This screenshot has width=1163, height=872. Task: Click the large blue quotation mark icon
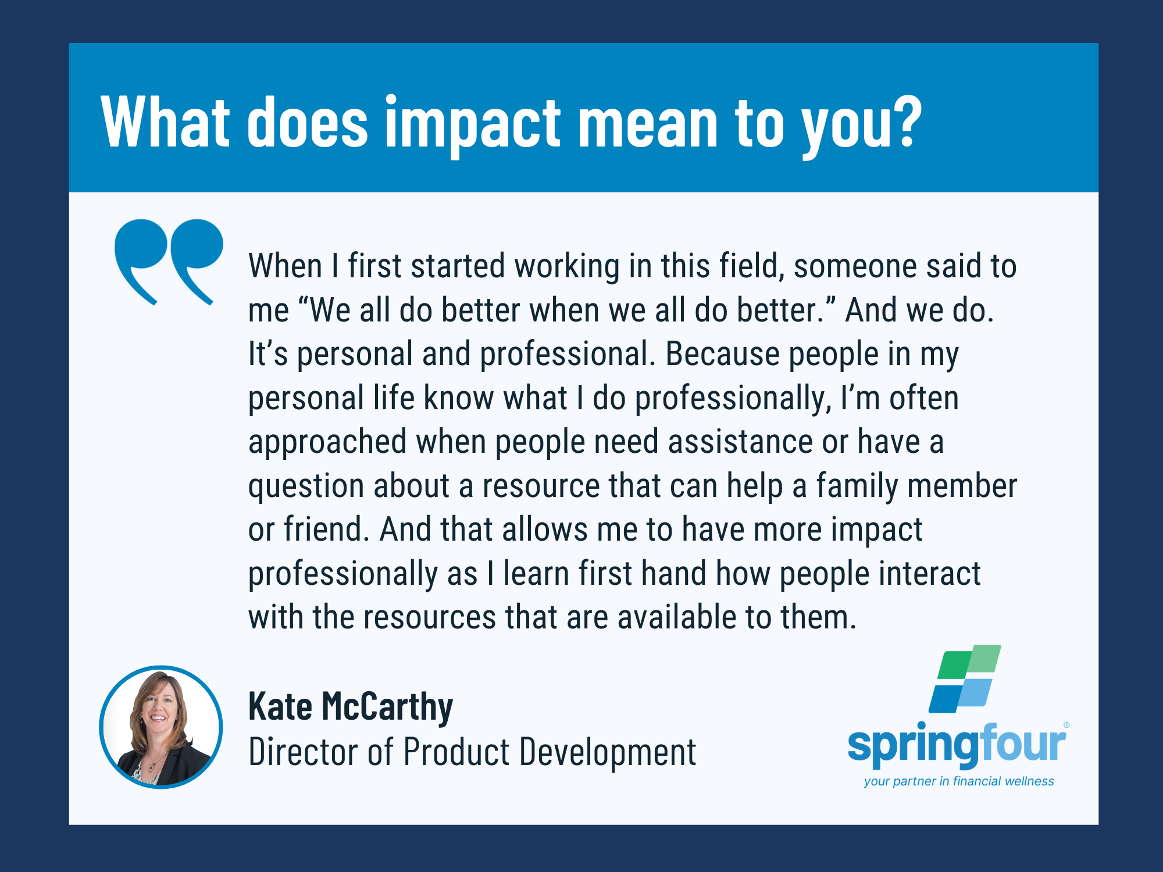point(169,262)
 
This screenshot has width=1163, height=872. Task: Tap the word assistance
point(740,442)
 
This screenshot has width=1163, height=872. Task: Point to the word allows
point(545,530)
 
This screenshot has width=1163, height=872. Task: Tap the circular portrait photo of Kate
point(161,727)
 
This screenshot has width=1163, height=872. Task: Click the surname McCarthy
point(387,707)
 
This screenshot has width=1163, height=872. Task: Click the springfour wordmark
point(957,744)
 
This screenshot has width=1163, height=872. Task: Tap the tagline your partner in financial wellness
point(959,781)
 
